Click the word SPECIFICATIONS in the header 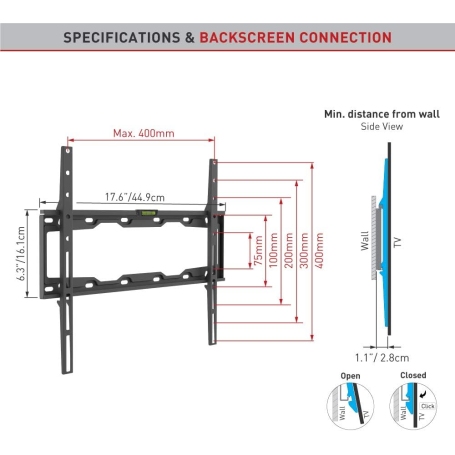click(x=122, y=37)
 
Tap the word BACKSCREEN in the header click(x=247, y=37)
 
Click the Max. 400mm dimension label click(x=144, y=133)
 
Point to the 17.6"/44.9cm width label click(x=135, y=197)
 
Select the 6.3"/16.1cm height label click(x=21, y=253)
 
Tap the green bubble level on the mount click(x=146, y=212)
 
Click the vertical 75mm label click(x=258, y=250)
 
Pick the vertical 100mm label click(x=273, y=250)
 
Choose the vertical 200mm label click(x=289, y=250)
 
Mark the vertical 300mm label click(x=304, y=250)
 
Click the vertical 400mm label click(x=319, y=250)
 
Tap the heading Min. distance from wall click(x=382, y=114)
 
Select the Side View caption click(x=382, y=126)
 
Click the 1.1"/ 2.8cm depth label click(x=382, y=358)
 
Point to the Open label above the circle click(x=350, y=376)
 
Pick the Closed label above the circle click(x=413, y=375)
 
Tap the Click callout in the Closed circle click(x=427, y=406)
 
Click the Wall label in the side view click(x=365, y=241)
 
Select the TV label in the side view click(x=398, y=242)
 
